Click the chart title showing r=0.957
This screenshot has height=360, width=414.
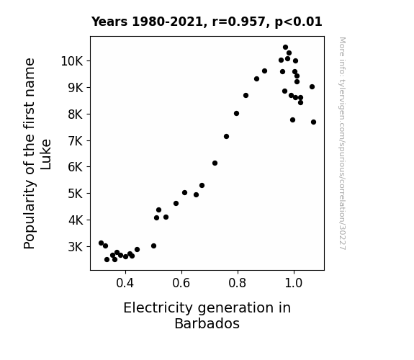[x=207, y=22]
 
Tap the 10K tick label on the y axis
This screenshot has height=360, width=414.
[x=72, y=61]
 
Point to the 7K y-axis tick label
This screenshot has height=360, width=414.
[x=76, y=141]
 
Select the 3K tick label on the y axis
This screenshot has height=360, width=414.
[x=76, y=247]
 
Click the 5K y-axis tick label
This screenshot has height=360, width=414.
[x=76, y=194]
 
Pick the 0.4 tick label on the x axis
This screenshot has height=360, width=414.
[x=125, y=283]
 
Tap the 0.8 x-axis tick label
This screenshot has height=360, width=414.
[x=238, y=283]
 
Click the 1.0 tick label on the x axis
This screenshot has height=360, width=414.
[x=294, y=283]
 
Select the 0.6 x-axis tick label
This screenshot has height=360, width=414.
[x=181, y=283]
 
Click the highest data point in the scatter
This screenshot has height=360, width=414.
[x=285, y=48]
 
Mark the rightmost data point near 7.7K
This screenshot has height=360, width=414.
[x=313, y=122]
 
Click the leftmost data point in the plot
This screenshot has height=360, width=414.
[x=101, y=243]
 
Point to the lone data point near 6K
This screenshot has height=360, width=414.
[x=215, y=163]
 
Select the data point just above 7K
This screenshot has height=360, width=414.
[x=226, y=137]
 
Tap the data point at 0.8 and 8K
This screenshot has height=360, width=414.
[x=237, y=114]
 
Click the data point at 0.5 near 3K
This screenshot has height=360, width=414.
[x=153, y=246]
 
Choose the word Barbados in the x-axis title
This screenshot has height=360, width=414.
[x=207, y=323]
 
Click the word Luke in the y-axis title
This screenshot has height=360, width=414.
[x=45, y=155]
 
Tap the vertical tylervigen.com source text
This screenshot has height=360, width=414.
[x=342, y=143]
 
